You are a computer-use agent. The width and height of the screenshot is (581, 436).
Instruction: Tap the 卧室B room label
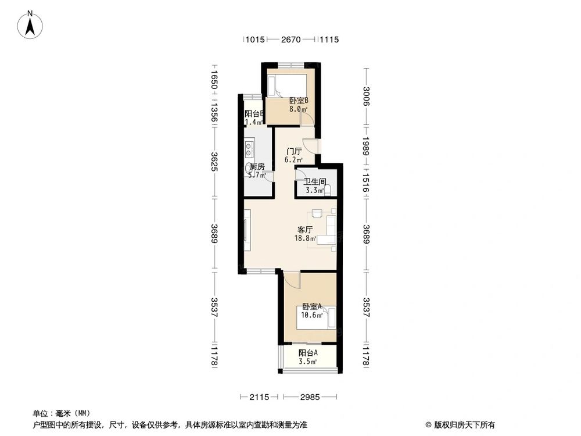[x=299, y=101]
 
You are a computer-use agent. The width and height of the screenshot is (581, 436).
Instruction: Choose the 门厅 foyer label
[x=293, y=151]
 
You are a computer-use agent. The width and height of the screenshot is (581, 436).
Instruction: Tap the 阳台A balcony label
[x=308, y=353]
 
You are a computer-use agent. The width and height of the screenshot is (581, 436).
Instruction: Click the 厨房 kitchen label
[x=257, y=166]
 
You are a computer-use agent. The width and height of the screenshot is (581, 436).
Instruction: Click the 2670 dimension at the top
[x=290, y=40]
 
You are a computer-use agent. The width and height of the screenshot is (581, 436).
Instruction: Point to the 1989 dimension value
[x=366, y=147]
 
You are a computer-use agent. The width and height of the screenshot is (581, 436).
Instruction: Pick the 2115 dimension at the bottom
[x=259, y=397]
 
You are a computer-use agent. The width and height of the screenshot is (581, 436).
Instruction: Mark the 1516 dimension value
[x=366, y=182]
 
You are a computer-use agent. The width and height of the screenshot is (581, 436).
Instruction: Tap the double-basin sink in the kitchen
[x=249, y=149]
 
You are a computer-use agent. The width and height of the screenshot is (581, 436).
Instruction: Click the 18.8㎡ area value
[x=306, y=238]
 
